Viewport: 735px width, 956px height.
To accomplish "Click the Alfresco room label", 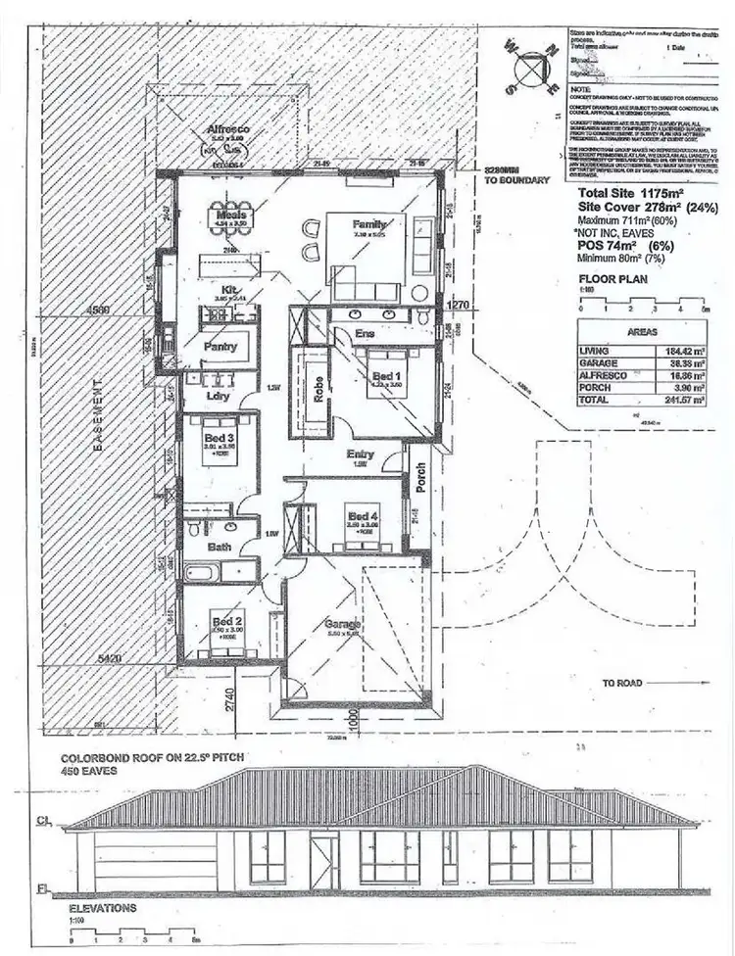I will click(229, 129).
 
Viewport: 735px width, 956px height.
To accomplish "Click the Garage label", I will click(344, 625).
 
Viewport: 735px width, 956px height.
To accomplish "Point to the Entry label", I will click(361, 454).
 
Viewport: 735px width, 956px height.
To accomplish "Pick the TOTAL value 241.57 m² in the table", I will click(685, 401).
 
